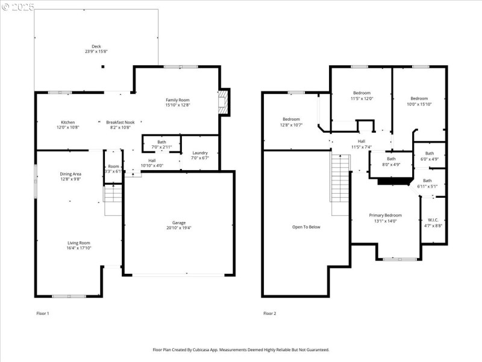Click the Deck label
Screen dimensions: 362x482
pos(96,46)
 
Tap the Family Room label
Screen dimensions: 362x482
pos(178,100)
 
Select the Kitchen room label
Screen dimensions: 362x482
pos(67,122)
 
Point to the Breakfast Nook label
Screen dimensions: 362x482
pos(120,122)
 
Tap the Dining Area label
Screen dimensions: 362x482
pos(70,174)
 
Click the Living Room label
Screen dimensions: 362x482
pos(78,243)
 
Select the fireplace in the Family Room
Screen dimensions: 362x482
pos(224,103)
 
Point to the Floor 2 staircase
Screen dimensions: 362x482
pos(340,185)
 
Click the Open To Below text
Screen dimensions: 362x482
pos(306,227)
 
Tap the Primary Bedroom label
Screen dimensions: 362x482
pos(385,215)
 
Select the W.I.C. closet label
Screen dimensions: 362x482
pos(433,220)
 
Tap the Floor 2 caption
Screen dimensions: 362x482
pos(269,313)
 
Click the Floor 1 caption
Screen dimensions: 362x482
pos(43,313)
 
